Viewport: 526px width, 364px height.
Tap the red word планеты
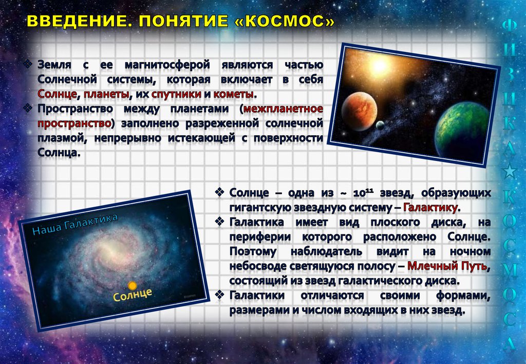[106, 95]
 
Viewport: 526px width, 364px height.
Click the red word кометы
[233, 94]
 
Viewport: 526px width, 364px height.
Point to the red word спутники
[176, 95]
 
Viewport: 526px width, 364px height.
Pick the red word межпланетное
[283, 109]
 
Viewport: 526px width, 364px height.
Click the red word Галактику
[430, 208]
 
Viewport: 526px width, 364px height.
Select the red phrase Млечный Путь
[447, 266]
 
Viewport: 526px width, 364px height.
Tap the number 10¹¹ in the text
[363, 193]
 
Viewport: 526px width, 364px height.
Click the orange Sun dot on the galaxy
[133, 286]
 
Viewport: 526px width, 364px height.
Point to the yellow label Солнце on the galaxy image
[133, 295]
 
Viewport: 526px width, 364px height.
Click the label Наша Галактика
[75, 224]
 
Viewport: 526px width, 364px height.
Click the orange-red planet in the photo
[359, 111]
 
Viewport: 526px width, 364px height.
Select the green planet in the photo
[462, 129]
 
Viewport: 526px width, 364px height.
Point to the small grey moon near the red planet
[380, 125]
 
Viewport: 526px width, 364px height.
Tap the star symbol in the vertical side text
[509, 171]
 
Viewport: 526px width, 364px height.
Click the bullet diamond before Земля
[28, 63]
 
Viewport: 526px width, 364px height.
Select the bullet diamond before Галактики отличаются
[219, 295]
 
